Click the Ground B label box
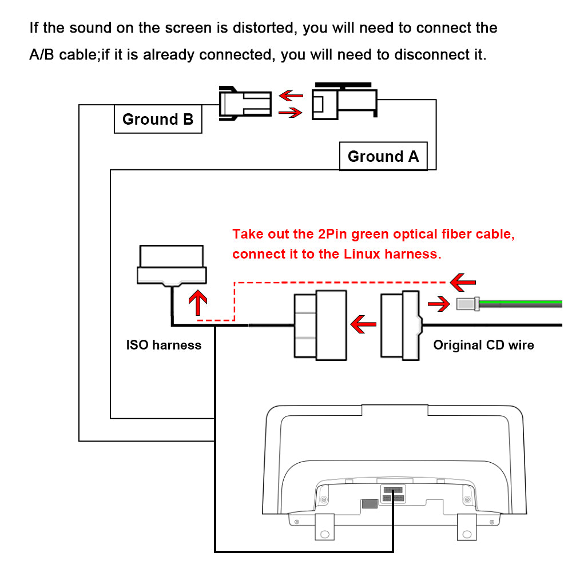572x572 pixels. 158,119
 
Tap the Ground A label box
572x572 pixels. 383,156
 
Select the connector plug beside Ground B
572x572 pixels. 243,103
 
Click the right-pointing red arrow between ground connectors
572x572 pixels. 290,113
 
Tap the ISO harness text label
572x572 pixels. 164,345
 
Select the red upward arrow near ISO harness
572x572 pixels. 197,303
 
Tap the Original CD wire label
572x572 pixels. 483,345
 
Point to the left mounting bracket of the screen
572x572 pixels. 324,526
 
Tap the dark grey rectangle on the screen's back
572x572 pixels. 370,504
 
